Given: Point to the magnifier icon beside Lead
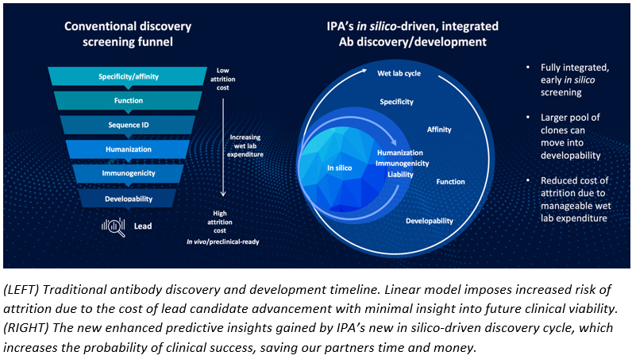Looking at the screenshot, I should (x=113, y=226).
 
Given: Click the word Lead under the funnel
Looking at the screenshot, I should (x=143, y=226).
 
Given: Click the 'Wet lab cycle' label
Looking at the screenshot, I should (x=399, y=74).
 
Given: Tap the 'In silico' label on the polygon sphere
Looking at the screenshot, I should (x=340, y=168).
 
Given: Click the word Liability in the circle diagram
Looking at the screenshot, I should (x=401, y=174).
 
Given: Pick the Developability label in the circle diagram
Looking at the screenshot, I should (x=430, y=220).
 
